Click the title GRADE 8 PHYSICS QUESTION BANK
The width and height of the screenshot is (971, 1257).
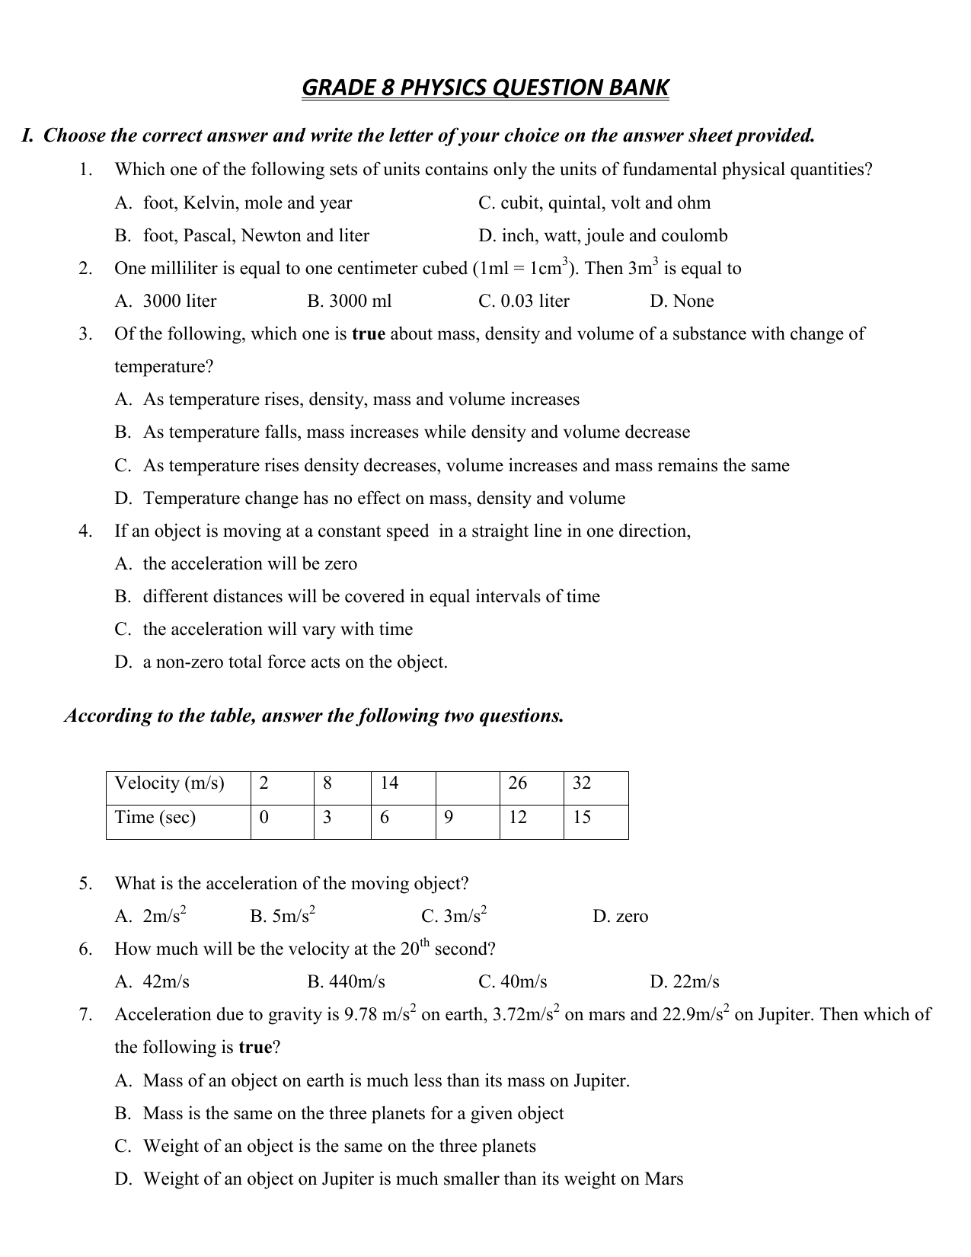(485, 88)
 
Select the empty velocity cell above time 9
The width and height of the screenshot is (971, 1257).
(467, 788)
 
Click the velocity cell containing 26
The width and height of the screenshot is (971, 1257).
(531, 788)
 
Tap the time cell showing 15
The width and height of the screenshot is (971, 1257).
(596, 822)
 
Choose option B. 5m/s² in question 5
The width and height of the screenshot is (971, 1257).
(283, 916)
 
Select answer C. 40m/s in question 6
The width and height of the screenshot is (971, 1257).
(513, 981)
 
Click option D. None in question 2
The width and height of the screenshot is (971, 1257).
(682, 301)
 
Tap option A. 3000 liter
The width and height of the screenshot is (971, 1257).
(165, 301)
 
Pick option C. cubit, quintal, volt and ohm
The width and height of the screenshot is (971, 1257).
(594, 203)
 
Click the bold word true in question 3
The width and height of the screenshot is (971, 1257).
(369, 334)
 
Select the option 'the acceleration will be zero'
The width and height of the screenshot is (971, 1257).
(250, 564)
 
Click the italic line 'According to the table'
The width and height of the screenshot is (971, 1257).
(314, 716)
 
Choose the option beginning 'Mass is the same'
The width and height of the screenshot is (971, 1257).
(353, 1114)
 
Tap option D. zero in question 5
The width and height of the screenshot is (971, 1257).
(620, 916)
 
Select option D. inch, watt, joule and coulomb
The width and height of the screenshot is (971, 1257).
(602, 236)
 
